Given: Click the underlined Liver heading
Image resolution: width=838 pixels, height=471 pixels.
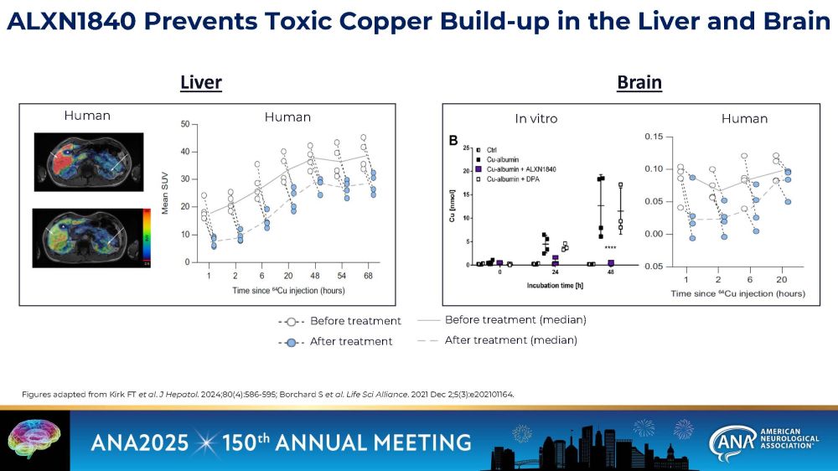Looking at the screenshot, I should pos(201,82).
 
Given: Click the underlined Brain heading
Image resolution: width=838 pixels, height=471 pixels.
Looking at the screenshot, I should pos(639,82).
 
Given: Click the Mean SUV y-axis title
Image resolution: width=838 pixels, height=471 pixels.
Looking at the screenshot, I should pos(165,192).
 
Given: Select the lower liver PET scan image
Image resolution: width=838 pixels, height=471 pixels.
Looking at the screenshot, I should pos(88,241).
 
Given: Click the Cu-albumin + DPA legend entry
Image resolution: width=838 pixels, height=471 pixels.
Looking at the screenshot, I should pos(515,179).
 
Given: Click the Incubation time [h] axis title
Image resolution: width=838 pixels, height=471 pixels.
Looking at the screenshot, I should pos(554,285).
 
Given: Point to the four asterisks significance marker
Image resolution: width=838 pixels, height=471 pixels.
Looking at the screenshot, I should pos(610,248).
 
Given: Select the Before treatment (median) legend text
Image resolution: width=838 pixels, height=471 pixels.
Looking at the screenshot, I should pos(515,319).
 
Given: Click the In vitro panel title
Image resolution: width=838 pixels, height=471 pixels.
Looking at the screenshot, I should pos(535,118).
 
